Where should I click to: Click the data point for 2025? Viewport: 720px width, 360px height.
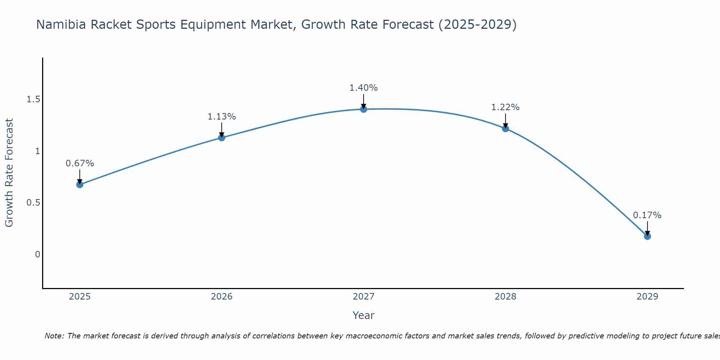(x=80, y=185)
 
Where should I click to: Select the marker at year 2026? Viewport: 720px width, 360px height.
(x=222, y=138)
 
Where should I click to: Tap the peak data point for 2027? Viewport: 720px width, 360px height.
(x=364, y=109)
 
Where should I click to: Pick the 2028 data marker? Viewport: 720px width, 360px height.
(x=505, y=129)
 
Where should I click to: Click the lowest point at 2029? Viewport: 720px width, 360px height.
(x=647, y=237)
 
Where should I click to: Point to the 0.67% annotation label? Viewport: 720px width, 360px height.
(x=80, y=163)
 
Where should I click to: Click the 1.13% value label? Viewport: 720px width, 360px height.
(x=222, y=117)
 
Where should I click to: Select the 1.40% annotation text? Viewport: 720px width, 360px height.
(x=364, y=88)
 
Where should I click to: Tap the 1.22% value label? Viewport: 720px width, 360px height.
(x=505, y=107)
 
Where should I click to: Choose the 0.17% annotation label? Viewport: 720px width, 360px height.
(x=647, y=215)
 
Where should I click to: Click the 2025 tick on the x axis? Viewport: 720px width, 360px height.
(x=80, y=297)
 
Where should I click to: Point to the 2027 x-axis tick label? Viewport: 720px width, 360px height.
(x=364, y=297)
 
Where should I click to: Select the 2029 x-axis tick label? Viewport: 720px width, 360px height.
(x=647, y=297)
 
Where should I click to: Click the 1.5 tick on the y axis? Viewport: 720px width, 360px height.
(x=33, y=99)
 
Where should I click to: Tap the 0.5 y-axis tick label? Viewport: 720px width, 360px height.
(x=33, y=203)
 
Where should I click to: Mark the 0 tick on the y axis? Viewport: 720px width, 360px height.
(x=37, y=255)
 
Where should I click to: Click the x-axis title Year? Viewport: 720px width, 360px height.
(x=364, y=315)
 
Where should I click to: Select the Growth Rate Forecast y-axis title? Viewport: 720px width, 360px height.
(x=9, y=173)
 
